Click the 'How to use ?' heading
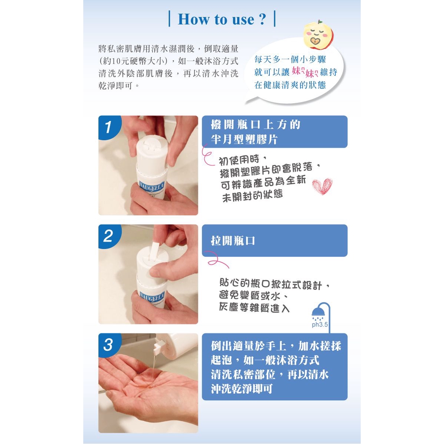(222, 19)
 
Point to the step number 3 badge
(109, 345)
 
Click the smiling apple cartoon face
(318, 35)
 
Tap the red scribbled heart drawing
(322, 186)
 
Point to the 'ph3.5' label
(320, 324)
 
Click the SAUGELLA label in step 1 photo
(152, 186)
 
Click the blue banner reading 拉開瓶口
(274, 241)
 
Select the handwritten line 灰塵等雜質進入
(254, 308)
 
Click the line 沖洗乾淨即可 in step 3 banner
(242, 389)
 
